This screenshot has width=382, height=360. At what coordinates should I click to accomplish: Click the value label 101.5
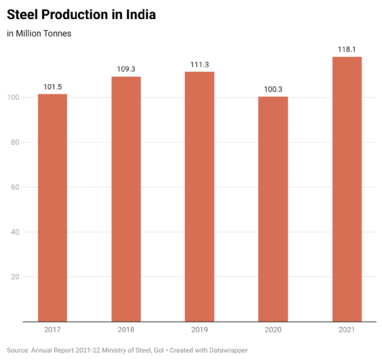pyautogui.click(x=52, y=87)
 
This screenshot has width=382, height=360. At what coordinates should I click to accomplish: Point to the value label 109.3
pyautogui.click(x=126, y=69)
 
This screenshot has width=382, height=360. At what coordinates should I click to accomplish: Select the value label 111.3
pyautogui.click(x=199, y=65)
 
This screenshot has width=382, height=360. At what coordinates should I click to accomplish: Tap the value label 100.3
pyautogui.click(x=273, y=90)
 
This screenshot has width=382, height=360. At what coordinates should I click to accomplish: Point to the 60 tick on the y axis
pyautogui.click(x=15, y=187)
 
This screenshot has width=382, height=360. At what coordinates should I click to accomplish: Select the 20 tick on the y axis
pyautogui.click(x=15, y=277)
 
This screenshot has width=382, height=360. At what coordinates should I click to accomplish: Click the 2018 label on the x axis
pyautogui.click(x=126, y=329)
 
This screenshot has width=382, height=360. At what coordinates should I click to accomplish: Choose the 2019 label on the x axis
pyautogui.click(x=199, y=329)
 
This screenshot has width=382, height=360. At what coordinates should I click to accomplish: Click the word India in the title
pyautogui.click(x=139, y=13)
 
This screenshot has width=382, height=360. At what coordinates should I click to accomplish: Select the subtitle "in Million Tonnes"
pyautogui.click(x=39, y=33)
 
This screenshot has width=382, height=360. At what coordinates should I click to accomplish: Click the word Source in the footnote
pyautogui.click(x=18, y=350)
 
